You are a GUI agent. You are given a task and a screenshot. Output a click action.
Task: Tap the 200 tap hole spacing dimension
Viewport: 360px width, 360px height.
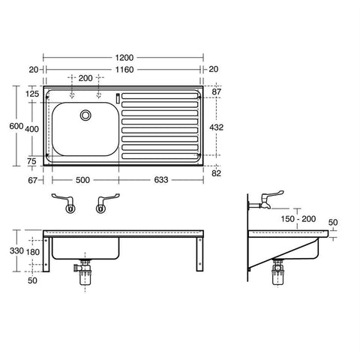[85, 78]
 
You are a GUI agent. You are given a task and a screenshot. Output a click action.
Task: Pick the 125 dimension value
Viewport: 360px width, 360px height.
[31, 94]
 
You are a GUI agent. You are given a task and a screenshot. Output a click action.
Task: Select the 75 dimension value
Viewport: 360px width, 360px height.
[31, 160]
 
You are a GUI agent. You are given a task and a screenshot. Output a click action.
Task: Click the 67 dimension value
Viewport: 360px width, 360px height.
[31, 180]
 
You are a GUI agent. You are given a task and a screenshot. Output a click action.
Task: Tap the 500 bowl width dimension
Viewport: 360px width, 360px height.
[83, 180]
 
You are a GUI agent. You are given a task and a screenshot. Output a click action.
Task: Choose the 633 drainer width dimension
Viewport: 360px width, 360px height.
[160, 180]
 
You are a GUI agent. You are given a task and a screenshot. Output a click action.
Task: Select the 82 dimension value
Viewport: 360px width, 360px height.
[217, 174]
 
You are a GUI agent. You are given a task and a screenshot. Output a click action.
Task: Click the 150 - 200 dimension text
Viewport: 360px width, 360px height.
[298, 218]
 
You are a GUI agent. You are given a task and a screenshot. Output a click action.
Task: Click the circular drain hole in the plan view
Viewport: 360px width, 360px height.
[85, 115]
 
